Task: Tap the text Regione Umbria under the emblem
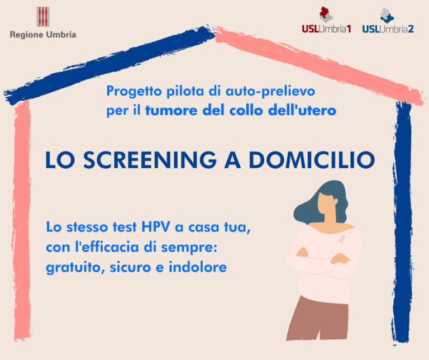[x=43, y=35]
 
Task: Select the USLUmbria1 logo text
[x=326, y=29]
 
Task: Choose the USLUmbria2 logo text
[x=388, y=29]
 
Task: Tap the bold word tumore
[x=165, y=110]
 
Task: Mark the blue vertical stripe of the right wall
[x=403, y=224]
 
